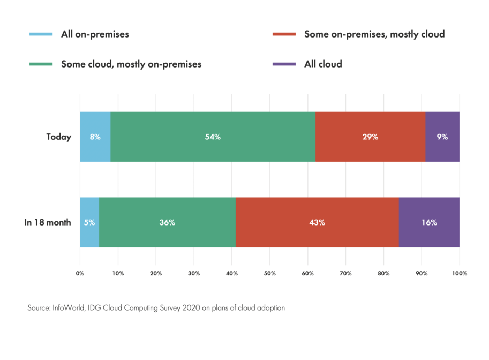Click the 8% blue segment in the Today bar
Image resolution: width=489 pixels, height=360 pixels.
[x=95, y=137]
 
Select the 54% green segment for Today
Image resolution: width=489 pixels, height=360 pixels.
[x=213, y=137]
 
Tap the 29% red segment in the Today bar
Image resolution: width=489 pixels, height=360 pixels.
[x=370, y=137]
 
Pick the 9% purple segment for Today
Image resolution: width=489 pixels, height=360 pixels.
[x=442, y=137]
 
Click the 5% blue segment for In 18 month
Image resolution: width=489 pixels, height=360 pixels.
[x=89, y=222]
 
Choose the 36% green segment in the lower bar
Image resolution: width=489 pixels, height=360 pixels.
[x=167, y=222]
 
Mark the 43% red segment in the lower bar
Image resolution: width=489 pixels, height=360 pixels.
[x=317, y=222]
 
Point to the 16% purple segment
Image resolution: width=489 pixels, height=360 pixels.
[x=428, y=222]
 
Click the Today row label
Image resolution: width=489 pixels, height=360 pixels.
[x=58, y=137]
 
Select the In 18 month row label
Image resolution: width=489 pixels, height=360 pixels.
[x=48, y=223]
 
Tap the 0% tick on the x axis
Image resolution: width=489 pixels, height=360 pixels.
[x=80, y=273]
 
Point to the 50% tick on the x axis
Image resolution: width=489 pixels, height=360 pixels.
[x=270, y=273]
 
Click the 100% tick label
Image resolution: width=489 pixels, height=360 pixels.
[x=459, y=273]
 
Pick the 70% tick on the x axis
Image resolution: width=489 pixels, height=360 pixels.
[x=345, y=273]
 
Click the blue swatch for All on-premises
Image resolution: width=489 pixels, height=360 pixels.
[x=41, y=35]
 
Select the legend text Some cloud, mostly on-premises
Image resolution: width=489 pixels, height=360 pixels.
[x=131, y=64]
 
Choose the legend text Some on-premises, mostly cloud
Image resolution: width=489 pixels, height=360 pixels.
[x=374, y=35]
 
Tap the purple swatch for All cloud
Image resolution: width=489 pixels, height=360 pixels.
[x=284, y=64]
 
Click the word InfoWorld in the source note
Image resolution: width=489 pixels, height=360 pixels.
[x=66, y=309]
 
